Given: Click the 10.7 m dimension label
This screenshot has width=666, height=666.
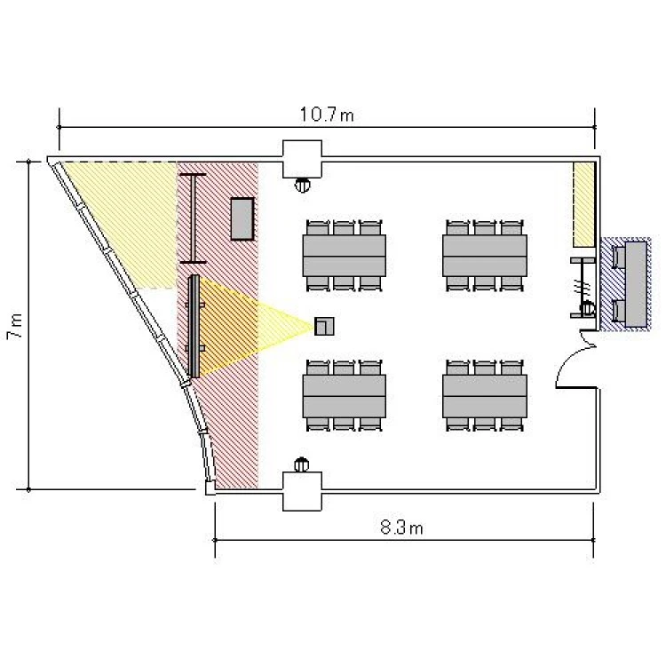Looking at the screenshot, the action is [x=327, y=115].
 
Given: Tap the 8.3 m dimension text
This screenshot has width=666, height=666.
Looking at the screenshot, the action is [x=401, y=527].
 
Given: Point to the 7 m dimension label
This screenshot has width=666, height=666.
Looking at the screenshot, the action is [x=15, y=326].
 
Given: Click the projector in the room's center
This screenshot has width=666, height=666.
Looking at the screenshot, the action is [x=324, y=326].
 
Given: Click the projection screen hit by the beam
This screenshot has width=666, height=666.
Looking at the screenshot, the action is [x=194, y=326].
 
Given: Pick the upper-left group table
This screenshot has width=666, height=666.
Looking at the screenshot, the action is [x=344, y=256].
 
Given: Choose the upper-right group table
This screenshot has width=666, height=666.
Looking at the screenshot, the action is [x=485, y=256].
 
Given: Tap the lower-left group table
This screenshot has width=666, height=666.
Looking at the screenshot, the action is [x=344, y=396].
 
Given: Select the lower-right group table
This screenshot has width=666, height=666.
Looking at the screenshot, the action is [x=485, y=396].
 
